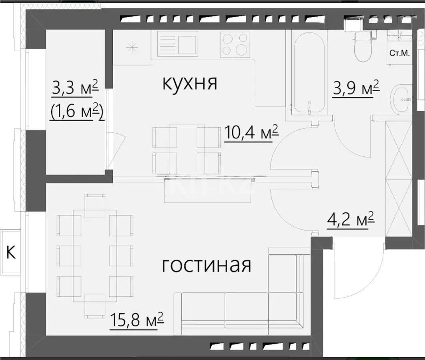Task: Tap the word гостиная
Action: tap(206, 265)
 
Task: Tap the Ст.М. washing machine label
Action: tap(400, 53)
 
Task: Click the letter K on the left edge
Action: tap(12, 252)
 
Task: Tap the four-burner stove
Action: tap(236, 44)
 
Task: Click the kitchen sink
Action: tap(177, 44)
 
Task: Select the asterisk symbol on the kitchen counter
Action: tap(131, 47)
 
